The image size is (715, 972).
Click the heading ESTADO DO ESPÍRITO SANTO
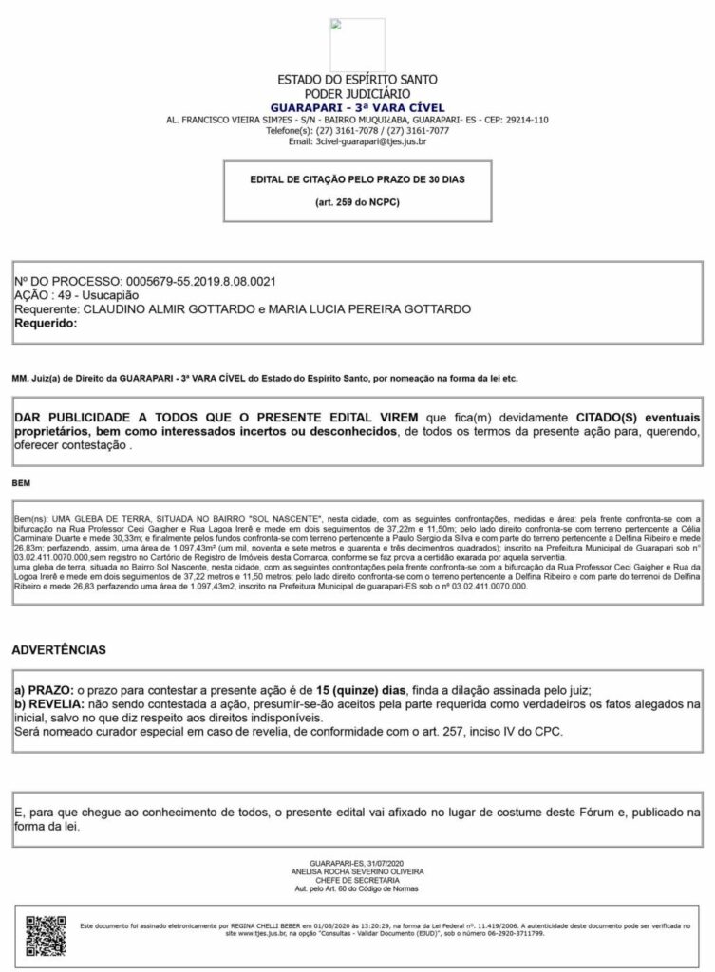click(x=357, y=81)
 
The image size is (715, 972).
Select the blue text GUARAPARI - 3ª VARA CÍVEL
click(x=357, y=107)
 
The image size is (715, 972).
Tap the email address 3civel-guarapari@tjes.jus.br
click(x=357, y=141)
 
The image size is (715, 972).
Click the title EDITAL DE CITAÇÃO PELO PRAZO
click(x=357, y=178)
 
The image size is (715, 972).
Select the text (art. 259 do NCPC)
click(x=357, y=203)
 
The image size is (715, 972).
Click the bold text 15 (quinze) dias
click(x=363, y=689)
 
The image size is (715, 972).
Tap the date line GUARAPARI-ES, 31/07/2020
click(x=357, y=862)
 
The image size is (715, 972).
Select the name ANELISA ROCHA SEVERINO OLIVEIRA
click(x=357, y=870)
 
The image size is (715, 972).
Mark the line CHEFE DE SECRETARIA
click(x=357, y=879)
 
